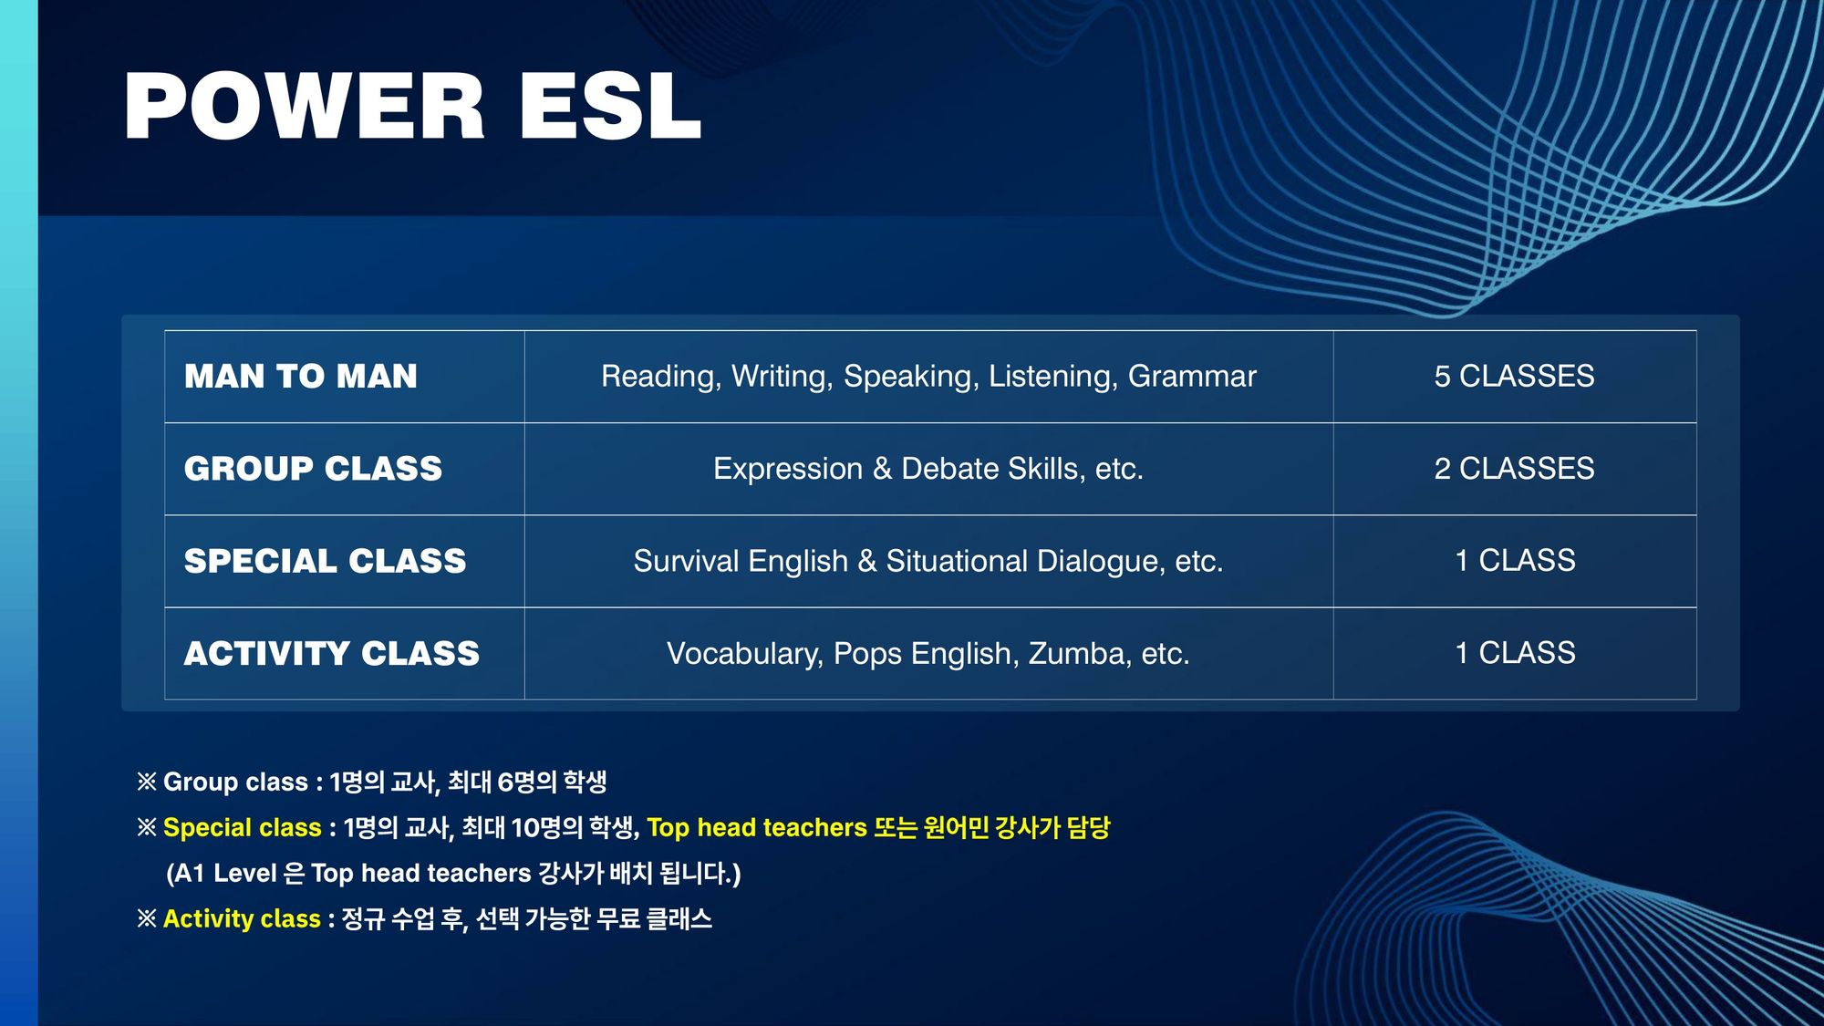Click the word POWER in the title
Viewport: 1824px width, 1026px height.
[x=305, y=106]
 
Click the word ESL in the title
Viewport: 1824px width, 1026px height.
[x=611, y=106]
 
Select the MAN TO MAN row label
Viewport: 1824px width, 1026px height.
[x=301, y=376]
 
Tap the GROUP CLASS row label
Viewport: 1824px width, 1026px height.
[x=313, y=469]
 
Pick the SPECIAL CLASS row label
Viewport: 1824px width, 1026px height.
[x=325, y=561]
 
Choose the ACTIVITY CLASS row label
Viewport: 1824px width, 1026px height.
[x=332, y=653]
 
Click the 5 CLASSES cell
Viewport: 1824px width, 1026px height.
[x=1514, y=376]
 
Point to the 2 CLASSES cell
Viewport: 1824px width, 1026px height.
[x=1514, y=469]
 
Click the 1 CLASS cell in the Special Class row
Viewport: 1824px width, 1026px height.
[x=1515, y=561]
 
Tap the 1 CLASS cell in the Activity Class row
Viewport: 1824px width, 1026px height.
[x=1515, y=653]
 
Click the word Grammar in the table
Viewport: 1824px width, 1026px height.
[x=1192, y=377]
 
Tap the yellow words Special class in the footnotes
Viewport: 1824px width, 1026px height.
[x=243, y=828]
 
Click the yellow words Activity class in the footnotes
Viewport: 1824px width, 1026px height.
[x=242, y=919]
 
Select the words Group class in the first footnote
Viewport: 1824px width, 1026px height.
[x=235, y=782]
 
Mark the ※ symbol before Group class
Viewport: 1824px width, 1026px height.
[x=147, y=782]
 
